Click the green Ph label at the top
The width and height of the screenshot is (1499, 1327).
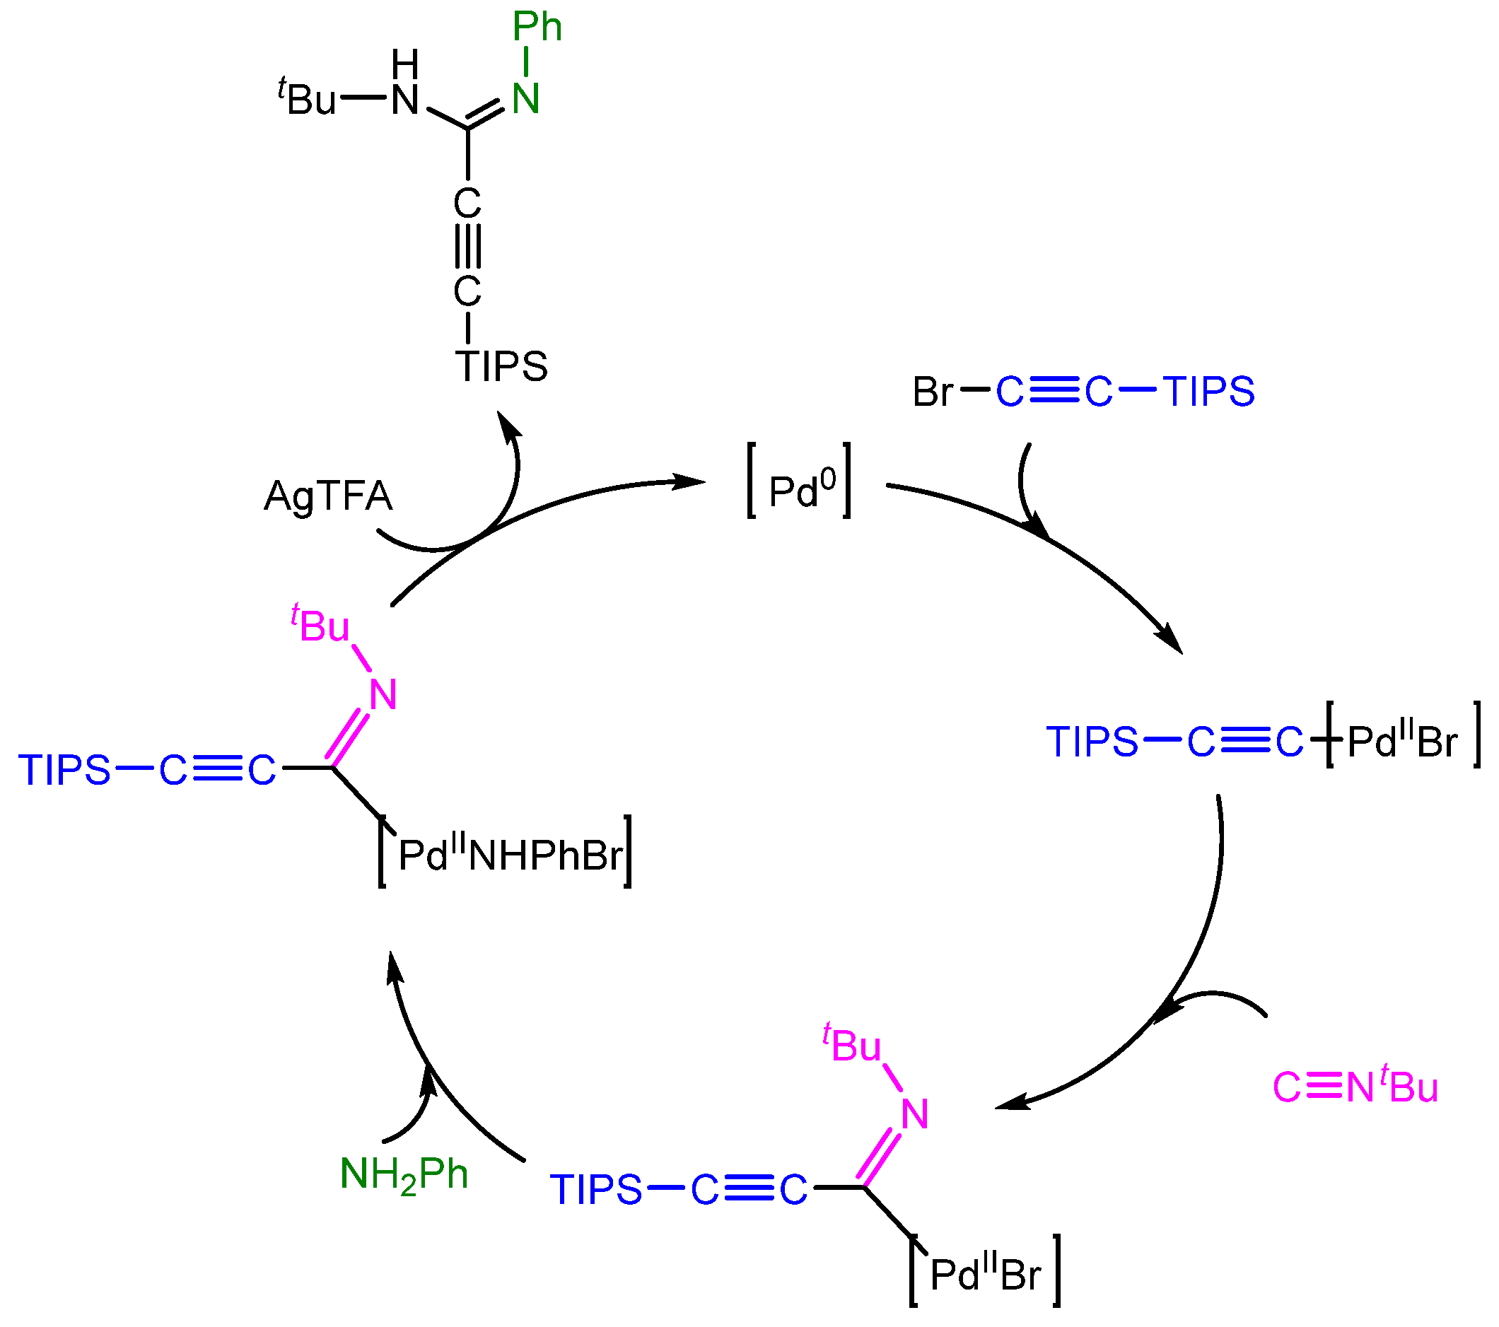click(x=537, y=28)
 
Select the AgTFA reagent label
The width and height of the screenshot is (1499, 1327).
click(x=328, y=496)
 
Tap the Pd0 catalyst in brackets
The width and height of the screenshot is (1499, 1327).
click(x=800, y=490)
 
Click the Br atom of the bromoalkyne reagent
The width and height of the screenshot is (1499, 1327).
click(x=932, y=392)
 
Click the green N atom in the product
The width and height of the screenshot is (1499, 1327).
click(x=526, y=99)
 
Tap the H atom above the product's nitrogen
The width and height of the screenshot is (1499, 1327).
click(x=405, y=64)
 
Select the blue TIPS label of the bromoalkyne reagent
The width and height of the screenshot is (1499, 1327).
click(x=1208, y=392)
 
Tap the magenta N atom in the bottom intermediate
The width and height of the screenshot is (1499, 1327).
click(x=914, y=1114)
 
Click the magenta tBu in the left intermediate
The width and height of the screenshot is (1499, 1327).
click(x=320, y=626)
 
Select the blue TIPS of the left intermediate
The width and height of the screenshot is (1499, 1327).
click(x=64, y=771)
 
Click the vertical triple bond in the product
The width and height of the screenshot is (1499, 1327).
click(x=468, y=246)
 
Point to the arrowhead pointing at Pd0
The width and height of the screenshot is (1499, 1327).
click(x=689, y=481)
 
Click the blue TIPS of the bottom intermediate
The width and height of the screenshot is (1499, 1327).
click(x=596, y=1189)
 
